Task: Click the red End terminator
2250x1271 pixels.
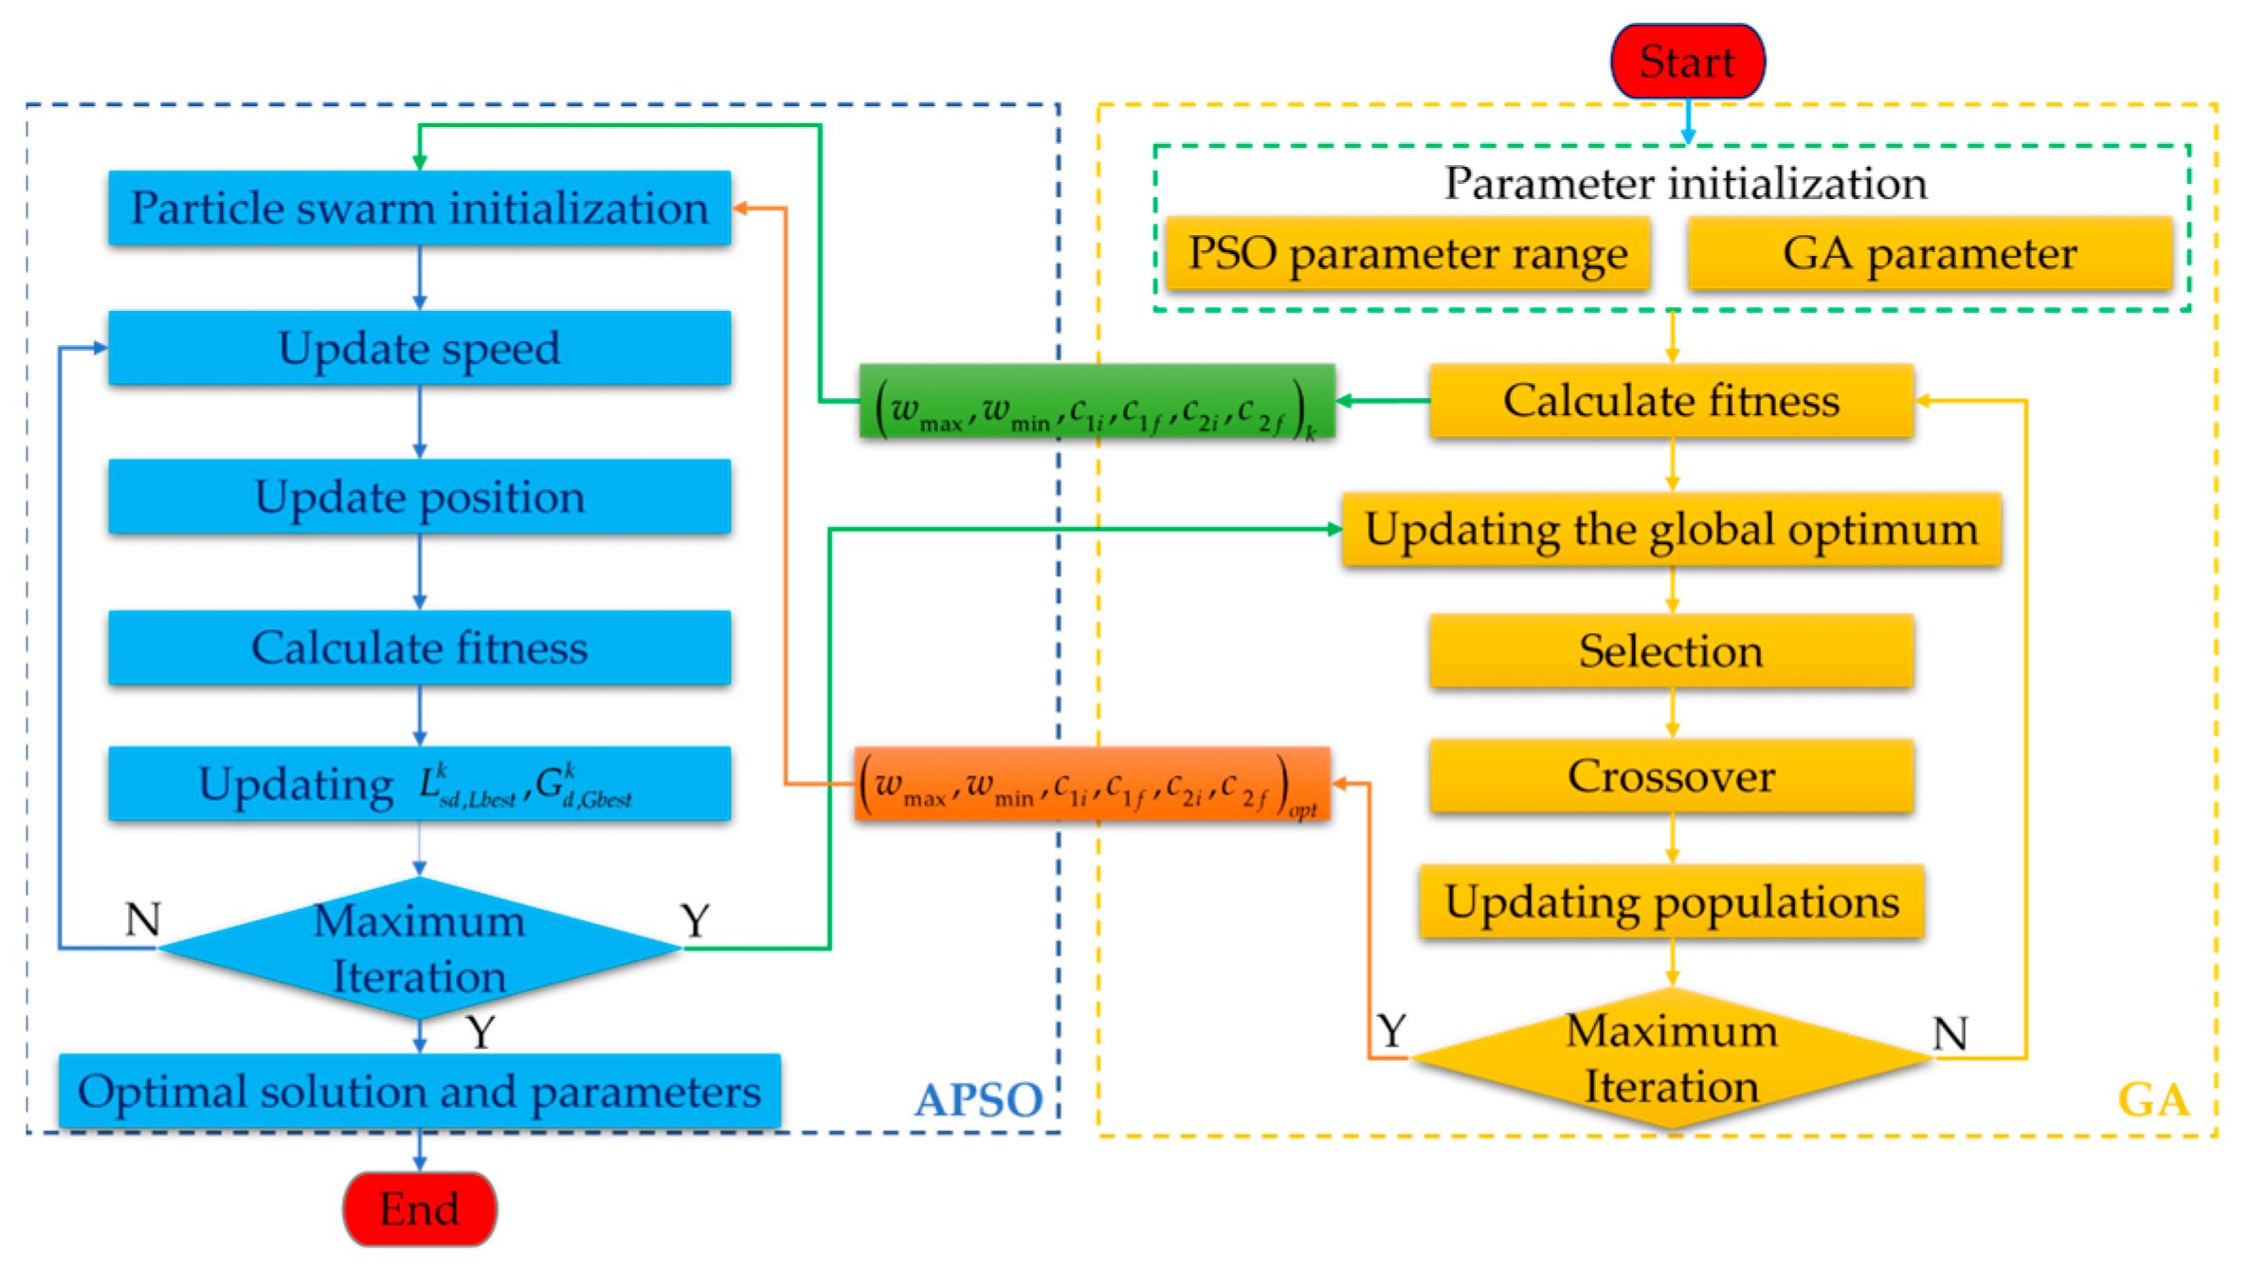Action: click(x=420, y=1208)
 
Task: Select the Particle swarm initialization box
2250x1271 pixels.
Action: click(x=419, y=209)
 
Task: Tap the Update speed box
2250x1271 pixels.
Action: click(x=419, y=348)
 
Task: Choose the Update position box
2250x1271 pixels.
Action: click(x=419, y=497)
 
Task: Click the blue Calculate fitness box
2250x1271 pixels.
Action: click(x=419, y=647)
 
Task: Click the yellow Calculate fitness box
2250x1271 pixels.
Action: click(x=1671, y=401)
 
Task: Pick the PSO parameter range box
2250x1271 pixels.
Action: click(x=1407, y=253)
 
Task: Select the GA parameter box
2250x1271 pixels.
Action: click(x=1930, y=253)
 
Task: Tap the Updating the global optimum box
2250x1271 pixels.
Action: click(x=1671, y=529)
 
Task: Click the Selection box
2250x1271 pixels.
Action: click(x=1671, y=650)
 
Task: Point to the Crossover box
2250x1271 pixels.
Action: click(x=1671, y=776)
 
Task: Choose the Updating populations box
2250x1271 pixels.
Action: click(x=1671, y=901)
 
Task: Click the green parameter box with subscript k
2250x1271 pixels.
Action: click(x=1097, y=402)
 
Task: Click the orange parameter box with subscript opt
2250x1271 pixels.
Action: click(x=1092, y=785)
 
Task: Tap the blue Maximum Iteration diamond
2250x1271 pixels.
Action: click(x=419, y=948)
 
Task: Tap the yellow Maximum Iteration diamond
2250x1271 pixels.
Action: click(x=1671, y=1058)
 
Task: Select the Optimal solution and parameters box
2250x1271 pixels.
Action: click(x=419, y=1091)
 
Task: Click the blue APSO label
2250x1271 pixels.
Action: click(x=978, y=1100)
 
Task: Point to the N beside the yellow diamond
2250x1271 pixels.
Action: click(x=1950, y=1033)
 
